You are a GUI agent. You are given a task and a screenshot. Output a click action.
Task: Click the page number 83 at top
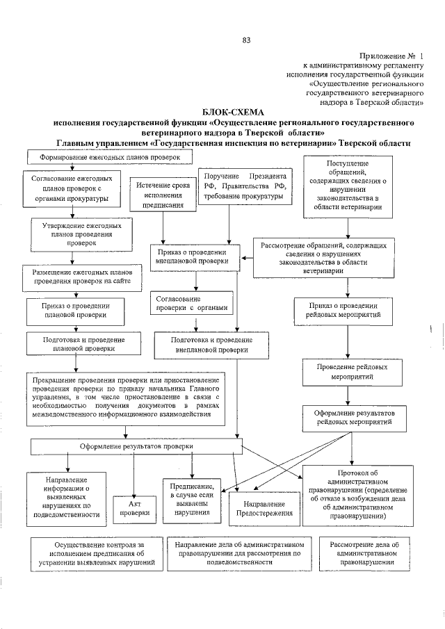[246, 39]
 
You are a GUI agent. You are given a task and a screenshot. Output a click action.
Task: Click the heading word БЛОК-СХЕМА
[233, 111]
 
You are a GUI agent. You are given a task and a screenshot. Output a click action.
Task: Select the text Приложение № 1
[391, 55]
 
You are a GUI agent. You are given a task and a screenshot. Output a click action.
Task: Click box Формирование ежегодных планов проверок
[105, 158]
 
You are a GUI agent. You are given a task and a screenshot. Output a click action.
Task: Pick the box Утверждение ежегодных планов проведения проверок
[77, 235]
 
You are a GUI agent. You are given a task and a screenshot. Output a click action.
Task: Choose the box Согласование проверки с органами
[189, 304]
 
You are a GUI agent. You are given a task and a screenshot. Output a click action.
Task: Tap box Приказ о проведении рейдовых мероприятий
[346, 309]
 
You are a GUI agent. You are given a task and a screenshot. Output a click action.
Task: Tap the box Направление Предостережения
[265, 508]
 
